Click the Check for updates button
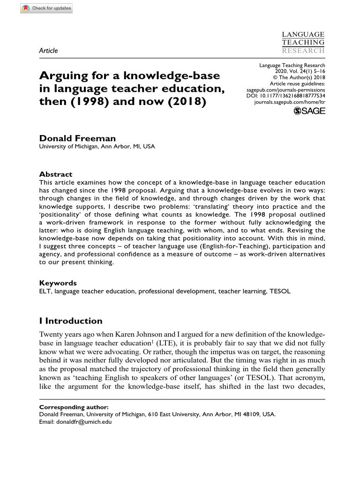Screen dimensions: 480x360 (46, 8)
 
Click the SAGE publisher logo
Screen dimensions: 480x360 (309, 111)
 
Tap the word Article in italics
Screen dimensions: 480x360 (48, 51)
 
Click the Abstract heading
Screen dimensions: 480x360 (55, 174)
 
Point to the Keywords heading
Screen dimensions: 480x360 (58, 283)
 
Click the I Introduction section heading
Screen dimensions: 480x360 (71, 321)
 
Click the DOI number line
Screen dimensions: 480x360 (285, 95)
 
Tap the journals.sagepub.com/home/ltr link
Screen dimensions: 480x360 (289, 101)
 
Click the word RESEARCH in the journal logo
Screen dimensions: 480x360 (303, 50)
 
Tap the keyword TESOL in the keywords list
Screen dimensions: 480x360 (280, 291)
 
